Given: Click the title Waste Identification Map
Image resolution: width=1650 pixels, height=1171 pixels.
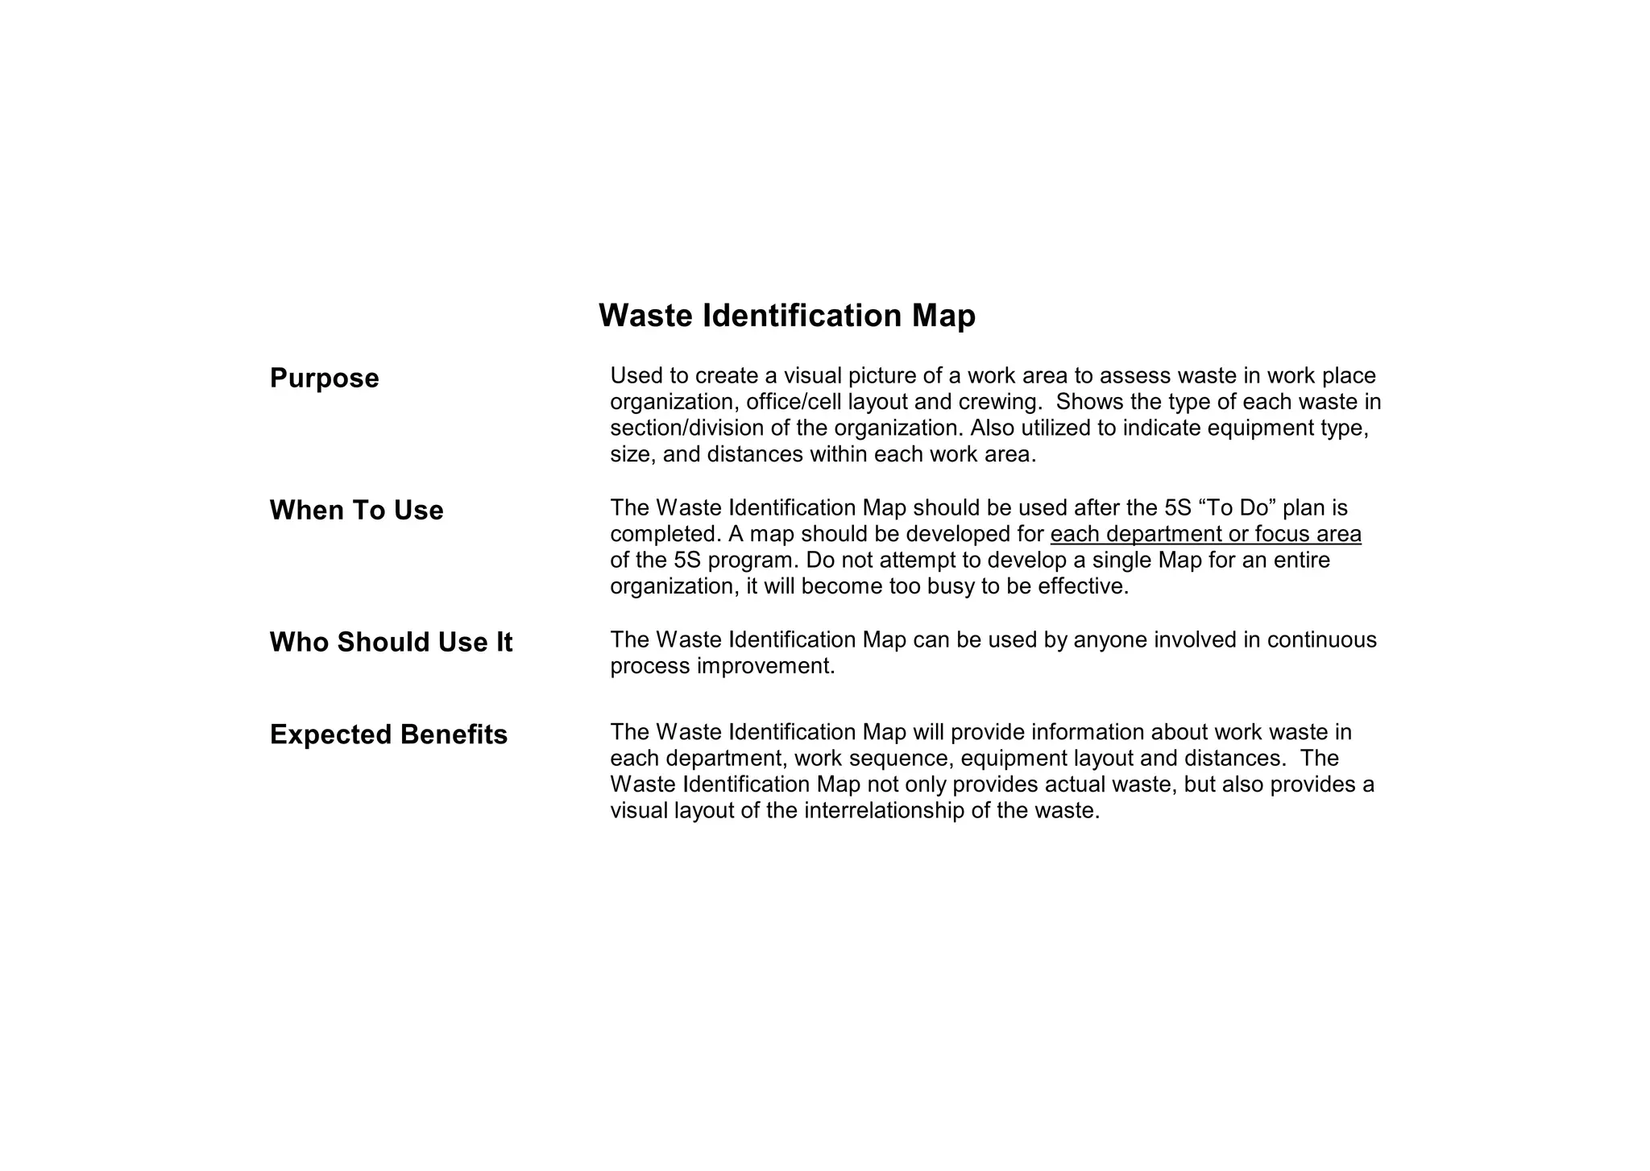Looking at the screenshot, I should pyautogui.click(x=786, y=316).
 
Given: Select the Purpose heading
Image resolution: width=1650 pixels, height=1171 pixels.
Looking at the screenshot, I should pyautogui.click(x=324, y=379).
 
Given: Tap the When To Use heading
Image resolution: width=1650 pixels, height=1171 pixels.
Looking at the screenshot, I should pyautogui.click(x=356, y=511).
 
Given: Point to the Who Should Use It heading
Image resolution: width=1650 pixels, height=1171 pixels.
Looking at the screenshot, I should pyautogui.click(x=391, y=643).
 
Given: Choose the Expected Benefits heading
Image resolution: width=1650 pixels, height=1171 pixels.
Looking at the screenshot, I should pyautogui.click(x=388, y=735).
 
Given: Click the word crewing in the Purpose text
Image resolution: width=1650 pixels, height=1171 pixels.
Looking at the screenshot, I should pyautogui.click(x=997, y=402).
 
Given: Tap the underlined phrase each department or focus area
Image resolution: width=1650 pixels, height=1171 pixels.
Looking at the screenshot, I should pyautogui.click(x=1205, y=535).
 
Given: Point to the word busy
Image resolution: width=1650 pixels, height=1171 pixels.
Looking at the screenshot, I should pyautogui.click(x=951, y=586).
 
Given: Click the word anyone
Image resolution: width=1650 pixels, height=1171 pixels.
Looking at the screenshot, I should pyautogui.click(x=1110, y=640).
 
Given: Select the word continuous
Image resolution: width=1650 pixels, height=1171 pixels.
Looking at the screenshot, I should pyautogui.click(x=1321, y=640).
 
